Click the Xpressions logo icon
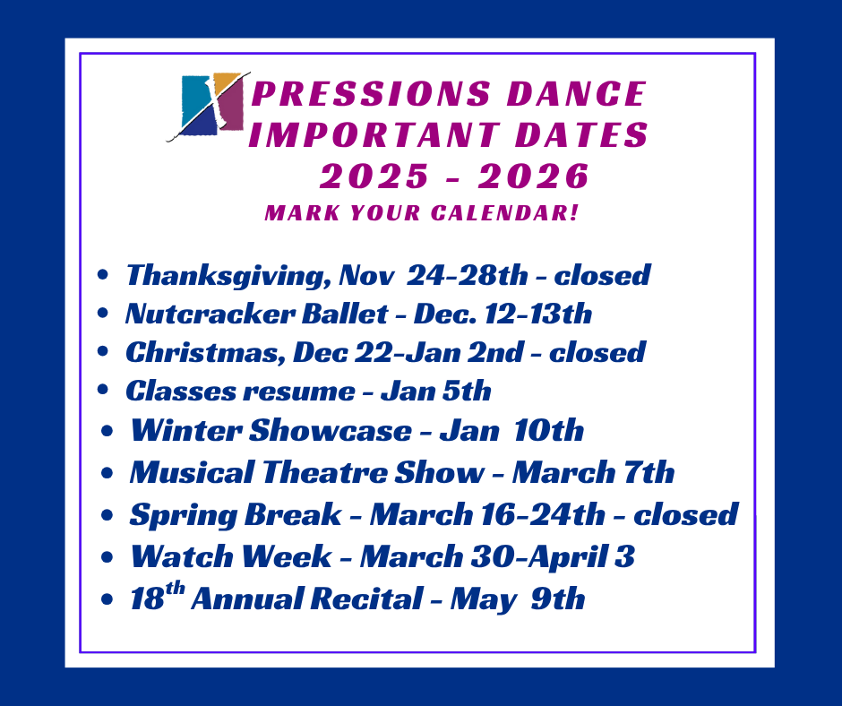click(x=209, y=107)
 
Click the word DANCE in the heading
click(x=576, y=94)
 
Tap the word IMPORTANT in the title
click(x=374, y=134)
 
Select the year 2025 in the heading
click(x=374, y=176)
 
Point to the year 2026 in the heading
click(x=534, y=176)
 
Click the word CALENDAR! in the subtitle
click(x=505, y=212)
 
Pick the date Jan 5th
click(x=435, y=391)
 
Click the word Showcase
click(x=331, y=430)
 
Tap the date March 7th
click(x=593, y=472)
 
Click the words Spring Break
click(x=236, y=515)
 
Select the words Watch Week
click(x=231, y=556)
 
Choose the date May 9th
click(x=518, y=599)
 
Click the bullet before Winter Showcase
click(x=107, y=430)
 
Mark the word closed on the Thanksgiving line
click(x=602, y=275)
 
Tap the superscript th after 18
click(x=175, y=589)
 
